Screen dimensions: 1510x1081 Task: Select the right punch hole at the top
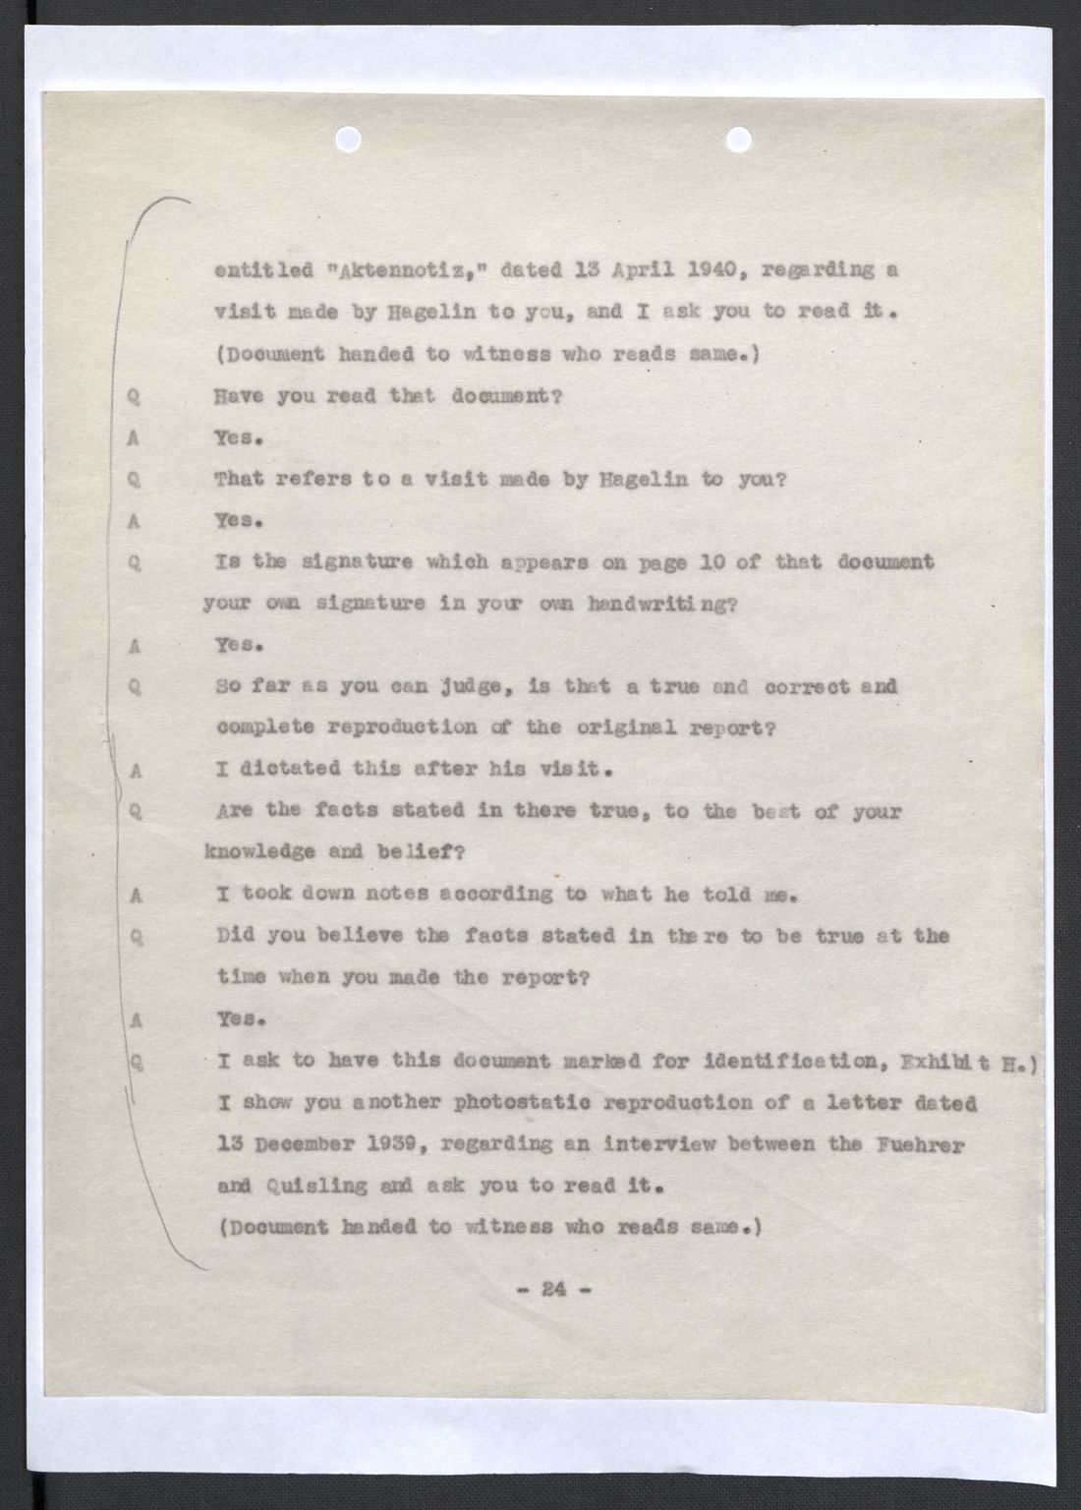point(738,139)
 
